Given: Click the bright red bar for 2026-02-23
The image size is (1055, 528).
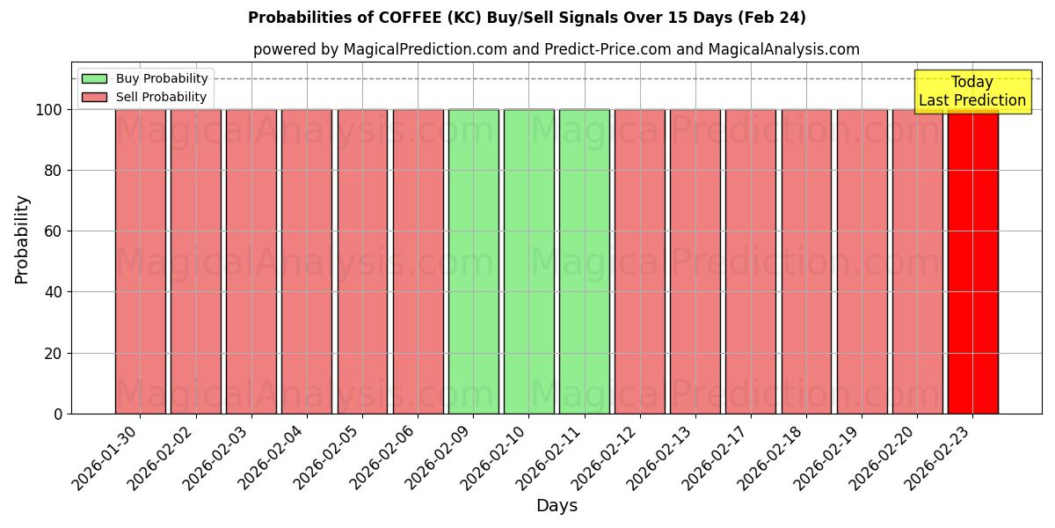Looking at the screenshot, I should point(972,261).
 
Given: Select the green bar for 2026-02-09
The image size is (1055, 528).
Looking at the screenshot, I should point(473,261).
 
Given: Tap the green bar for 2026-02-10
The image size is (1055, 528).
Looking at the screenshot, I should point(528,261).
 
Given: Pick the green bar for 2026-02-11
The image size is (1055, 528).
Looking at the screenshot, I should point(584,261).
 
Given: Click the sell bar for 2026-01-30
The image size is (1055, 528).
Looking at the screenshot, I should point(140,261).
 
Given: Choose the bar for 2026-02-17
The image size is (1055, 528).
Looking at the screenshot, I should point(751,261).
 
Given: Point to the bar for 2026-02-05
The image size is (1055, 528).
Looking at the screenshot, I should point(362,261).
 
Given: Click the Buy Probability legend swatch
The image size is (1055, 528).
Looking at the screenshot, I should point(94,78).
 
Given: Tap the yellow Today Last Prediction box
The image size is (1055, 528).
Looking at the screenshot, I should point(972,92).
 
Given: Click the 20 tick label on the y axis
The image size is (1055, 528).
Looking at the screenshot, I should point(53,353).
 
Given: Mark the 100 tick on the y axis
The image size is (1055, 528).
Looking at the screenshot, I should point(49,110).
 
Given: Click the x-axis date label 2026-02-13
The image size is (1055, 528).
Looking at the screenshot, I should point(668,454).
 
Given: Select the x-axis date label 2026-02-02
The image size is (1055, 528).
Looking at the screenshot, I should point(169,454).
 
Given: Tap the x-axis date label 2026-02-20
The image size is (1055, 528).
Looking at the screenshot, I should point(890,454).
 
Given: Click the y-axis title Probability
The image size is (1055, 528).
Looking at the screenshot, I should point(22,239).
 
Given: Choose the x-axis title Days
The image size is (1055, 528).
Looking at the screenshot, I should point(557,506).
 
